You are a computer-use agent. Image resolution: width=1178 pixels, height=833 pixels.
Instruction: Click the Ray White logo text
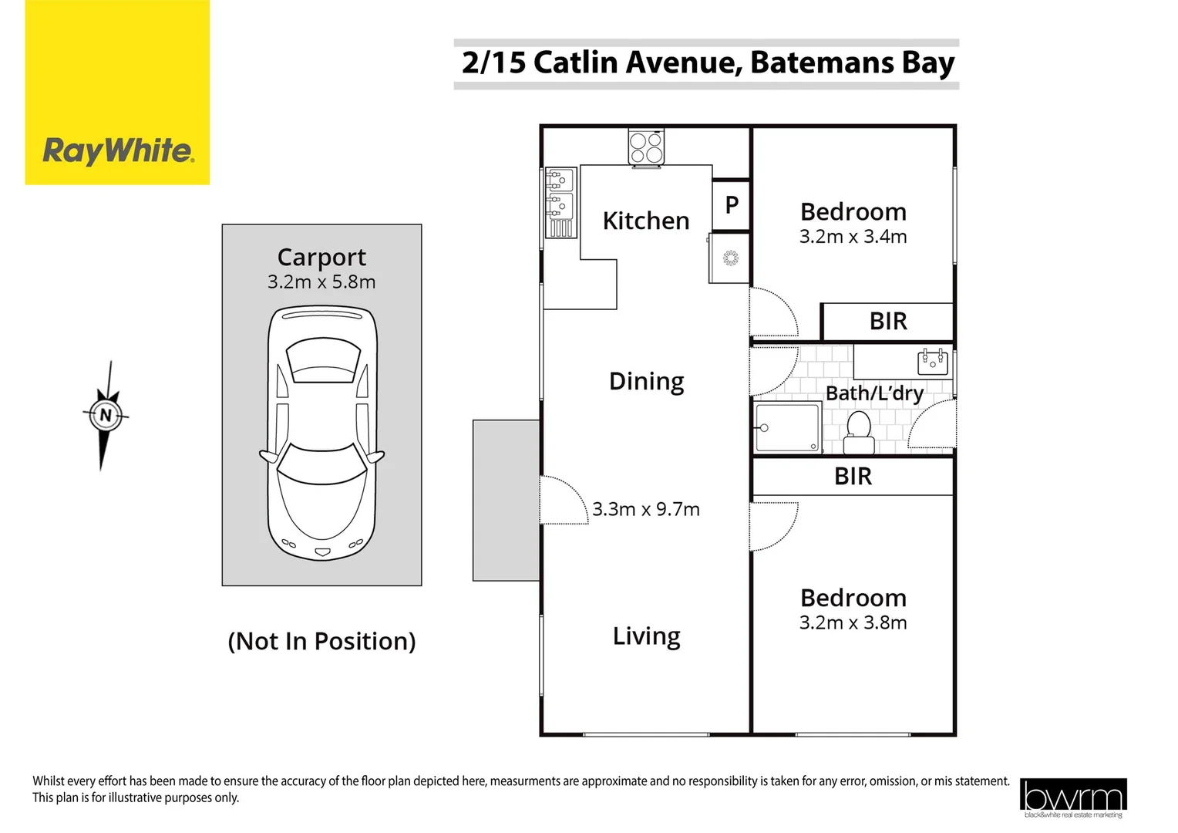click(x=118, y=150)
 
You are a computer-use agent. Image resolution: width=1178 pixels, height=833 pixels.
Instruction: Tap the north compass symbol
click(x=106, y=416)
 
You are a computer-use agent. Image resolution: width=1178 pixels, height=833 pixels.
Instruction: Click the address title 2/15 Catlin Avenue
click(x=707, y=62)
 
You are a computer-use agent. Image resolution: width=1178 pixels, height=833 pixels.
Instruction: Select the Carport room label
click(x=321, y=257)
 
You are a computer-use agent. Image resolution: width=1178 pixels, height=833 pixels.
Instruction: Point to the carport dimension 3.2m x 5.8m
click(x=321, y=282)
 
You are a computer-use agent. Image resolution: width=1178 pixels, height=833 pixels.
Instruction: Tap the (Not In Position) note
click(x=321, y=641)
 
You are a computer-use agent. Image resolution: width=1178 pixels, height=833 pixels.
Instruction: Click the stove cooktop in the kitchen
click(x=646, y=147)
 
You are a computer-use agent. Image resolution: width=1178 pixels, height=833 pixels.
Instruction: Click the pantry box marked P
click(x=732, y=205)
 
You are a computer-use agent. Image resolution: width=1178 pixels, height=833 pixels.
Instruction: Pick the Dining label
click(x=646, y=381)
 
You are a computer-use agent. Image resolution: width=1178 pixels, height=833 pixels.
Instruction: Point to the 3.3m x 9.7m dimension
click(x=646, y=509)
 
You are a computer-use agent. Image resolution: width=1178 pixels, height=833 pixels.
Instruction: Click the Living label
click(x=646, y=636)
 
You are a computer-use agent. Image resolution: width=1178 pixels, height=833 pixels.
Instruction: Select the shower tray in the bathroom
click(x=788, y=427)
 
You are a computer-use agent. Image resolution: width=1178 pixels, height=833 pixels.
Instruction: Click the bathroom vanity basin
click(x=932, y=361)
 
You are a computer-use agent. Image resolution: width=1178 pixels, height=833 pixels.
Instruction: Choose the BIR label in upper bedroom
click(x=888, y=322)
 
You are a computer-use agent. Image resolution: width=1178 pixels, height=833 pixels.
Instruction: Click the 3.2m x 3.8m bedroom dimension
click(x=853, y=623)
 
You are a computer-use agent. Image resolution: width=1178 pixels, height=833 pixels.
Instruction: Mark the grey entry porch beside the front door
click(x=506, y=500)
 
